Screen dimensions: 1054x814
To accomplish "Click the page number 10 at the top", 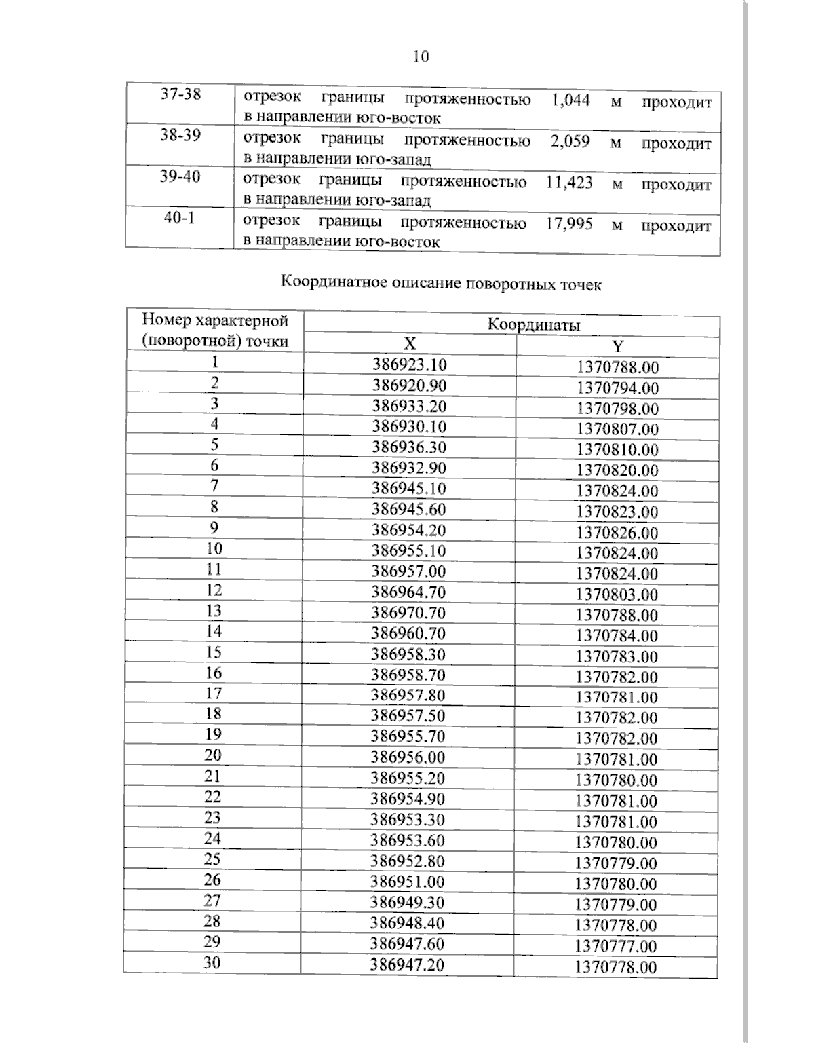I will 421,56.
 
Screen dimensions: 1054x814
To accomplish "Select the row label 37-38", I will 180,94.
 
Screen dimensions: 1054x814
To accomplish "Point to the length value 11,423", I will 568,183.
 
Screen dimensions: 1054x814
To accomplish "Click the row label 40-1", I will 180,219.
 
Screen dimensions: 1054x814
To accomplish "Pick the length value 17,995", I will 568,224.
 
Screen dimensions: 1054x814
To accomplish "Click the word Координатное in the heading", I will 334,282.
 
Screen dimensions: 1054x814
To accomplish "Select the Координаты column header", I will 533,324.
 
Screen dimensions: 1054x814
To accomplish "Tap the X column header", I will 409,344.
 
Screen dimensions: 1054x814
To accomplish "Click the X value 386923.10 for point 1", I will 410,365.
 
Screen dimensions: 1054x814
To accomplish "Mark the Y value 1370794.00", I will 617,388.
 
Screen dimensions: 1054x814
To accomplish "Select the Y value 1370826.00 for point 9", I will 617,533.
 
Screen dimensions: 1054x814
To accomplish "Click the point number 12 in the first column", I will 214,590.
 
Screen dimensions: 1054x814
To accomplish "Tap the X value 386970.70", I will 409,613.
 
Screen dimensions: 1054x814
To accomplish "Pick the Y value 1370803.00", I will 617,595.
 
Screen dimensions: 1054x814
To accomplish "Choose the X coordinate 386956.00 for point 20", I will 408,757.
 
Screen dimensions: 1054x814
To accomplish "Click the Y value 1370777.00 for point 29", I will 616,946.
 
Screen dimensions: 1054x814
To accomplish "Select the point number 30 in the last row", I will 212,962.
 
